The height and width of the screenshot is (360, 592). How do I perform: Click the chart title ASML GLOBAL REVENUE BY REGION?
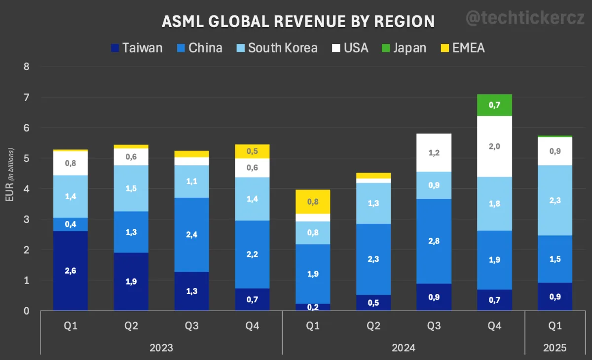click(298, 21)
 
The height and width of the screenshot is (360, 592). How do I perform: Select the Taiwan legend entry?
click(137, 48)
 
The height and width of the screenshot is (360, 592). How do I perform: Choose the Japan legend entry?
click(404, 48)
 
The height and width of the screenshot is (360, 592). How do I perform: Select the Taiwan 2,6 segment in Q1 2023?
click(71, 271)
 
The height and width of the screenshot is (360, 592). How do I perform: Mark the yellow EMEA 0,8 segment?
click(313, 202)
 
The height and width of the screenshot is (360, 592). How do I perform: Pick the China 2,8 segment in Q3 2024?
click(434, 241)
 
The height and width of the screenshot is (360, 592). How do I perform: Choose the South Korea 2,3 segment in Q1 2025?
click(555, 200)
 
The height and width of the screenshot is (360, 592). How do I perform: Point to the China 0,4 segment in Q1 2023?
click(71, 224)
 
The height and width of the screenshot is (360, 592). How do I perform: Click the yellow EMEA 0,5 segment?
click(252, 151)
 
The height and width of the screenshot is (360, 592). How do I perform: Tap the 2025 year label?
click(555, 348)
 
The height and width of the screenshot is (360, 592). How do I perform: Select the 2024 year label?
click(404, 348)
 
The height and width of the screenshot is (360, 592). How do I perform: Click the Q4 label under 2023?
click(252, 326)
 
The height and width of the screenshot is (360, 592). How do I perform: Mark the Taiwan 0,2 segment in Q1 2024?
click(313, 307)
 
